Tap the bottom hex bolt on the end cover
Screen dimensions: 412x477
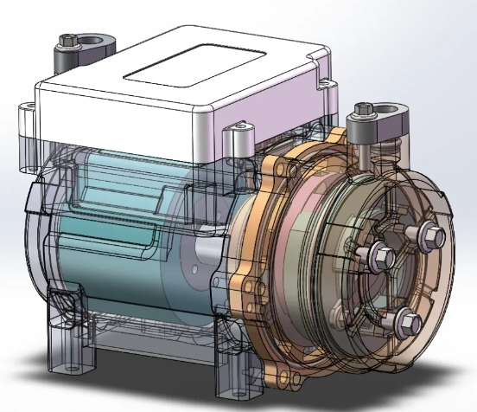point(410,323)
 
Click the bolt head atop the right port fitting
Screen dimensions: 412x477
point(364,111)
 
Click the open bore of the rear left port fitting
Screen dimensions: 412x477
point(92,41)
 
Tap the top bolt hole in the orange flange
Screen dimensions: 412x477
point(286,164)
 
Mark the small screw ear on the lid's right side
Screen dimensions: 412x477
point(328,85)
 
